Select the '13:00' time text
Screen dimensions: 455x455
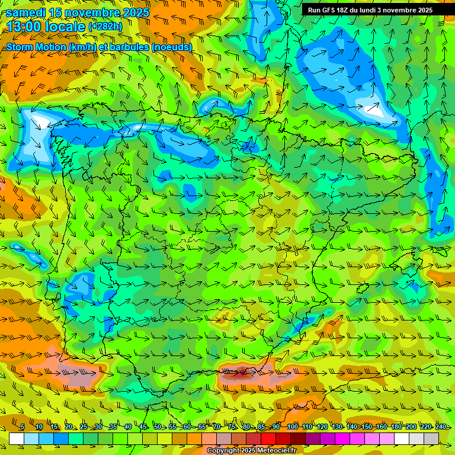click(25, 27)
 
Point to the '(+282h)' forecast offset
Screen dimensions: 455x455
click(105, 27)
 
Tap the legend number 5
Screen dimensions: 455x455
click(23, 427)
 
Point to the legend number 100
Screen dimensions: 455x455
click(293, 427)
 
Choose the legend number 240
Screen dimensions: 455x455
click(441, 427)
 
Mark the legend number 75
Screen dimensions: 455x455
click(232, 427)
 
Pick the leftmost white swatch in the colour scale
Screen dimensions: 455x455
click(17, 438)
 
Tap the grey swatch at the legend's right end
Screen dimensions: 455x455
click(431, 438)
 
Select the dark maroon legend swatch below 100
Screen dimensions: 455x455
click(298, 438)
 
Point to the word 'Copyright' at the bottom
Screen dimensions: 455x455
click(223, 451)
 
